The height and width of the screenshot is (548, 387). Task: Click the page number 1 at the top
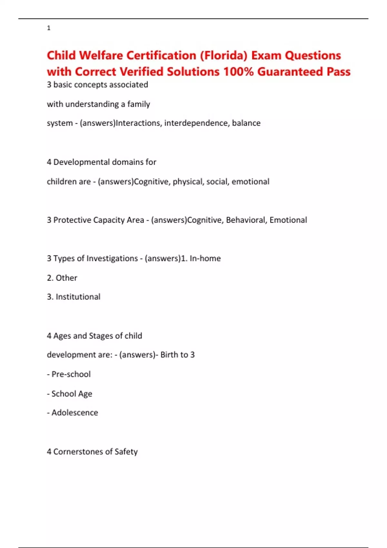click(49, 28)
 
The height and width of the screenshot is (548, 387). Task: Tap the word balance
click(246, 123)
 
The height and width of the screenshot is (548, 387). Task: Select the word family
click(139, 104)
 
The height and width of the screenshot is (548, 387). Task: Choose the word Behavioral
click(246, 220)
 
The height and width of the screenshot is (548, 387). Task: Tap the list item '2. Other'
click(62, 278)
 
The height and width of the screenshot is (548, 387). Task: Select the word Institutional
click(78, 297)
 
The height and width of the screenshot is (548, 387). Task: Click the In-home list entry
click(205, 258)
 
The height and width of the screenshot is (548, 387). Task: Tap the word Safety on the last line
click(126, 452)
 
